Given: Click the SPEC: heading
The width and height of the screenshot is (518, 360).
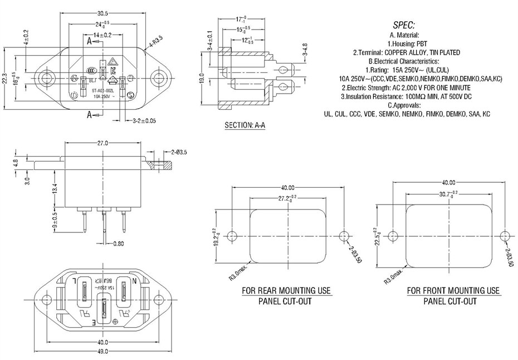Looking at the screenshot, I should click(x=404, y=25).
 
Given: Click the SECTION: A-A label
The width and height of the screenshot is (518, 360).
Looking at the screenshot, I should click(x=245, y=125).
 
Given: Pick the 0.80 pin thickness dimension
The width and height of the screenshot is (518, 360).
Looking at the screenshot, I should click(x=119, y=243).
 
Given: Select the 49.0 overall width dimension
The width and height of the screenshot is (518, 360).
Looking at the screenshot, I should click(x=102, y=352).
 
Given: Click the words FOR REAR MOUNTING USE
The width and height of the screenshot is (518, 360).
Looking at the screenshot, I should click(x=286, y=291).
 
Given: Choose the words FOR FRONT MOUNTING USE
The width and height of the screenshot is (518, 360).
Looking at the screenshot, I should click(x=453, y=291).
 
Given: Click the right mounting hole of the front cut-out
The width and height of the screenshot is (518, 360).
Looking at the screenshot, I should click(x=504, y=235).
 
